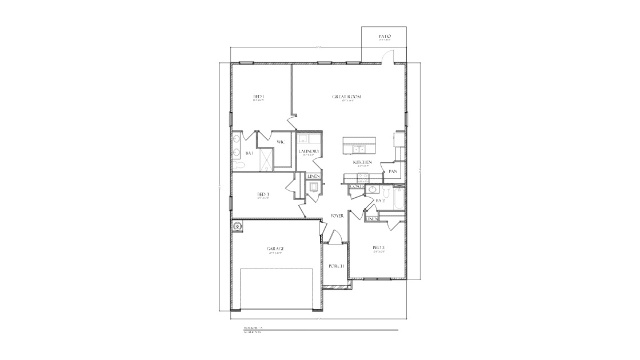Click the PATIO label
[385, 37]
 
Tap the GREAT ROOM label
[347, 97]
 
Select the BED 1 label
[259, 97]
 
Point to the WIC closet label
[281, 142]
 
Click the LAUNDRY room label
[309, 151]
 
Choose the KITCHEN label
[363, 162]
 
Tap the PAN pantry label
[393, 171]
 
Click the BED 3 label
[263, 194]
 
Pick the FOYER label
[337, 215]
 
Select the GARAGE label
[275, 249]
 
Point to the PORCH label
[335, 266]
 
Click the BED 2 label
[378, 247]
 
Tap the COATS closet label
[357, 186]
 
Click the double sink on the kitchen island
[359, 150]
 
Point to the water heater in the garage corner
[238, 226]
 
